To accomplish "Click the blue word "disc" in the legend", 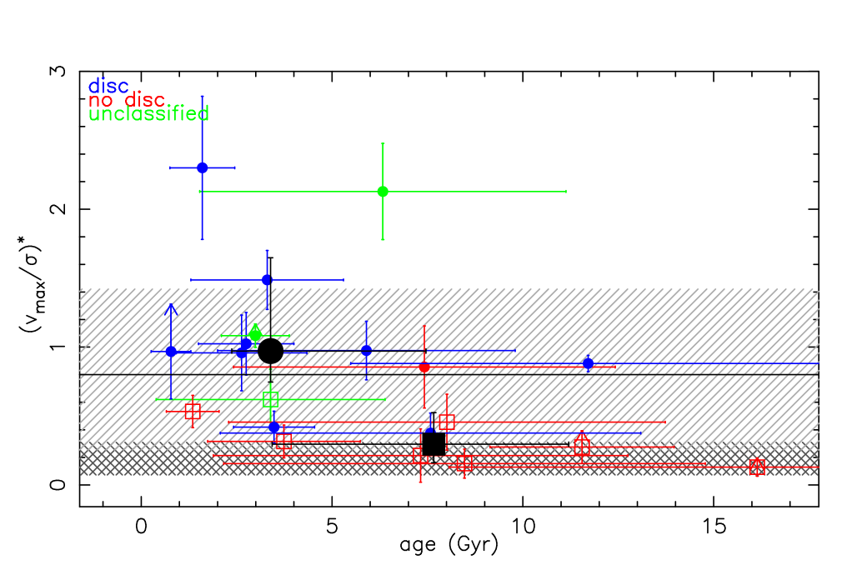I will [x=108, y=86].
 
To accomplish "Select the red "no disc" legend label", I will [x=127, y=100].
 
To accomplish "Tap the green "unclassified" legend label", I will [x=148, y=114].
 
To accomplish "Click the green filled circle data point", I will [x=383, y=192].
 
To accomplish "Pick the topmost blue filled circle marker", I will [x=202, y=167].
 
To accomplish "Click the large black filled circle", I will [x=270, y=350].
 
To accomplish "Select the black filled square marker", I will [x=433, y=443].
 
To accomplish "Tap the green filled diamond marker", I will [x=255, y=334].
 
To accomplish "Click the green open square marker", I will [x=270, y=399].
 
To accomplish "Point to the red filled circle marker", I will [x=424, y=367].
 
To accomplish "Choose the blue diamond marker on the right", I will [x=588, y=363].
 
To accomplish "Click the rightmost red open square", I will [x=756, y=467].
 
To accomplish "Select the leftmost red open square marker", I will [x=193, y=411].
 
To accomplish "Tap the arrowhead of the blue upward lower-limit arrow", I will [x=170, y=309].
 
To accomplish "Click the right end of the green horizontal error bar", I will [x=566, y=192].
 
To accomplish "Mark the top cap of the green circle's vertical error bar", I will [x=383, y=143].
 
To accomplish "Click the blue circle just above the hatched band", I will [x=267, y=280].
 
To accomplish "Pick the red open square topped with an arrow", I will [x=582, y=447].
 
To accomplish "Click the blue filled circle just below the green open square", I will [x=274, y=427].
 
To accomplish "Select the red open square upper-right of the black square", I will [x=447, y=422].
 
